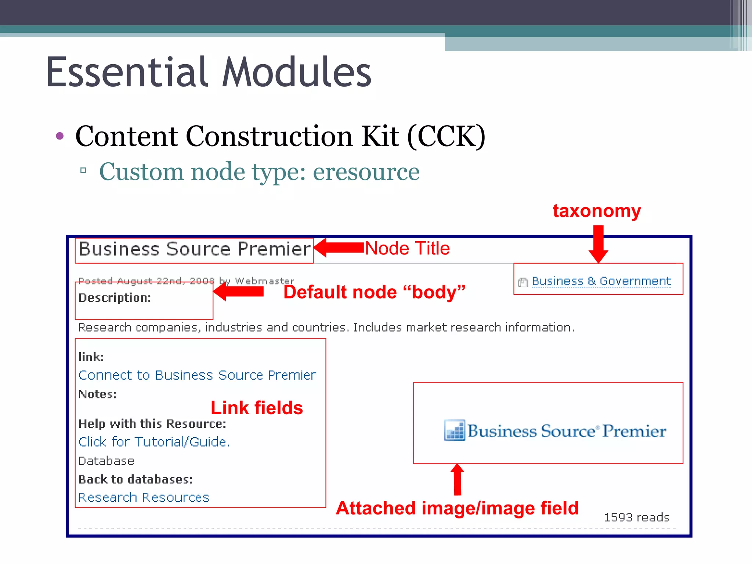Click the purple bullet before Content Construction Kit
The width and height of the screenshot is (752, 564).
(60, 136)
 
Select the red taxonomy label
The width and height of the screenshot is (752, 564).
(597, 211)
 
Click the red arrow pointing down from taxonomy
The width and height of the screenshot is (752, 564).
(599, 244)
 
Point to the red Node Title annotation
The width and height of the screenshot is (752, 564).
(407, 248)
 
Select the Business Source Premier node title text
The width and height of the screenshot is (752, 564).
(195, 249)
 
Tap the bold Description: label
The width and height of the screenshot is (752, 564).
(115, 298)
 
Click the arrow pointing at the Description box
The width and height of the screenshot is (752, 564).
(239, 292)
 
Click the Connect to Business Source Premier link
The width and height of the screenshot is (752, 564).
(197, 375)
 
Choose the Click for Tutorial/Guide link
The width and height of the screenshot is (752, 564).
(154, 442)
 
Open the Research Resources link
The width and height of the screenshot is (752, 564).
(144, 498)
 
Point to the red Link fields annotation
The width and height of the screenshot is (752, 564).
(257, 408)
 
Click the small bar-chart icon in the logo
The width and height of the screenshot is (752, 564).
(455, 430)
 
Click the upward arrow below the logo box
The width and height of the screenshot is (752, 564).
(458, 479)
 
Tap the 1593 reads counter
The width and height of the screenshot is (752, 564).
(637, 517)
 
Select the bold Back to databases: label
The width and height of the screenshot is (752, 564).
(135, 480)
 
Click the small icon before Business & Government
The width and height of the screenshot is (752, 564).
(523, 282)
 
